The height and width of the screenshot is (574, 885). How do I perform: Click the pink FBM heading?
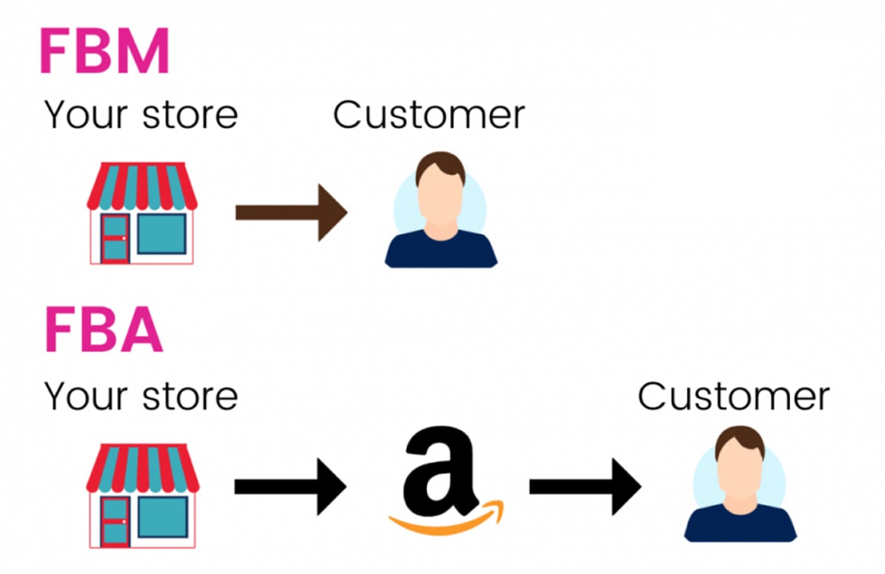(104, 52)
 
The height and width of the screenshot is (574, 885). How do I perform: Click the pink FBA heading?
(103, 333)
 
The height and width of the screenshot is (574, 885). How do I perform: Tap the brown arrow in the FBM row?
(291, 212)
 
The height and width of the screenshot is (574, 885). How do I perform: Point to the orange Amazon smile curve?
(445, 522)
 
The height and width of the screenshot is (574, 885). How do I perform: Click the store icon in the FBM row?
(142, 213)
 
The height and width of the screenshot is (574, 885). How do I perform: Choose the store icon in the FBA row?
(142, 494)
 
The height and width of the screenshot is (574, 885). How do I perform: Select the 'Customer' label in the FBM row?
(428, 116)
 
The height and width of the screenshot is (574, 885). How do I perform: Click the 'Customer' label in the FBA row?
(733, 396)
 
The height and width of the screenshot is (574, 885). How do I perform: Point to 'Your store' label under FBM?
(142, 116)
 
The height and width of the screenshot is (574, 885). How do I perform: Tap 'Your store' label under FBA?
(142, 396)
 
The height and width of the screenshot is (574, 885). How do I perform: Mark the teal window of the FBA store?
(162, 516)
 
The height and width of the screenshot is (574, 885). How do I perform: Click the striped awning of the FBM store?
(142, 184)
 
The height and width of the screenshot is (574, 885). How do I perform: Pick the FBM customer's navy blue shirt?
(440, 251)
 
